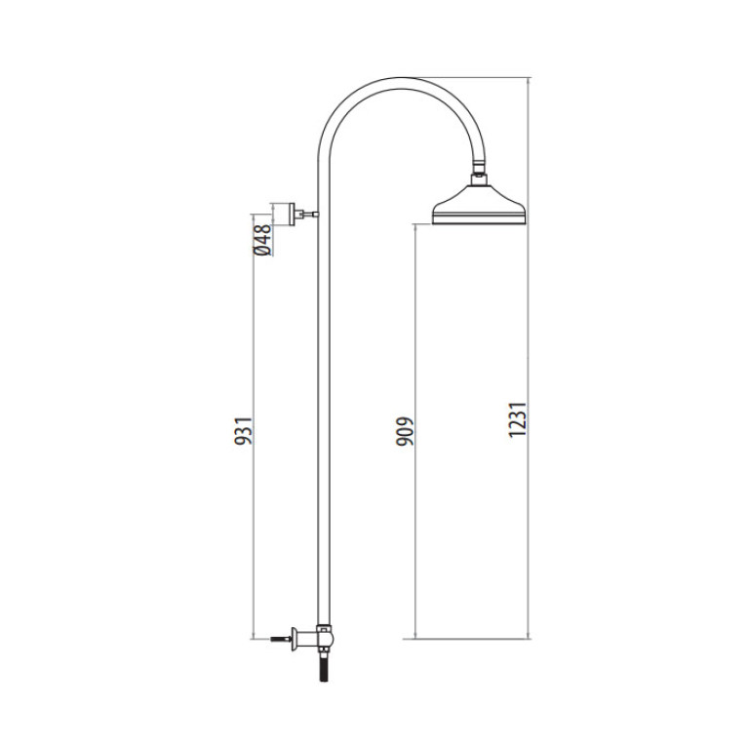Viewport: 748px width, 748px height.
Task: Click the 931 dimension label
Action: coord(243,431)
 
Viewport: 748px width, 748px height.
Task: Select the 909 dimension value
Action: coord(405,431)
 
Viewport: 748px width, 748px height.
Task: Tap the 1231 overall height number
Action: coord(518,419)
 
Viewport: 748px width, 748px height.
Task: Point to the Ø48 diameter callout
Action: coord(263,240)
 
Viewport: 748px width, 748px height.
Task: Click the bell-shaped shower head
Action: coord(479,204)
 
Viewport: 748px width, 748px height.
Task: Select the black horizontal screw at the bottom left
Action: coord(282,638)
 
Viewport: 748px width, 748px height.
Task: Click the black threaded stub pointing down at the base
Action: coord(326,668)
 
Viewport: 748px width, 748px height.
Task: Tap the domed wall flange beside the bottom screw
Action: coord(295,638)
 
